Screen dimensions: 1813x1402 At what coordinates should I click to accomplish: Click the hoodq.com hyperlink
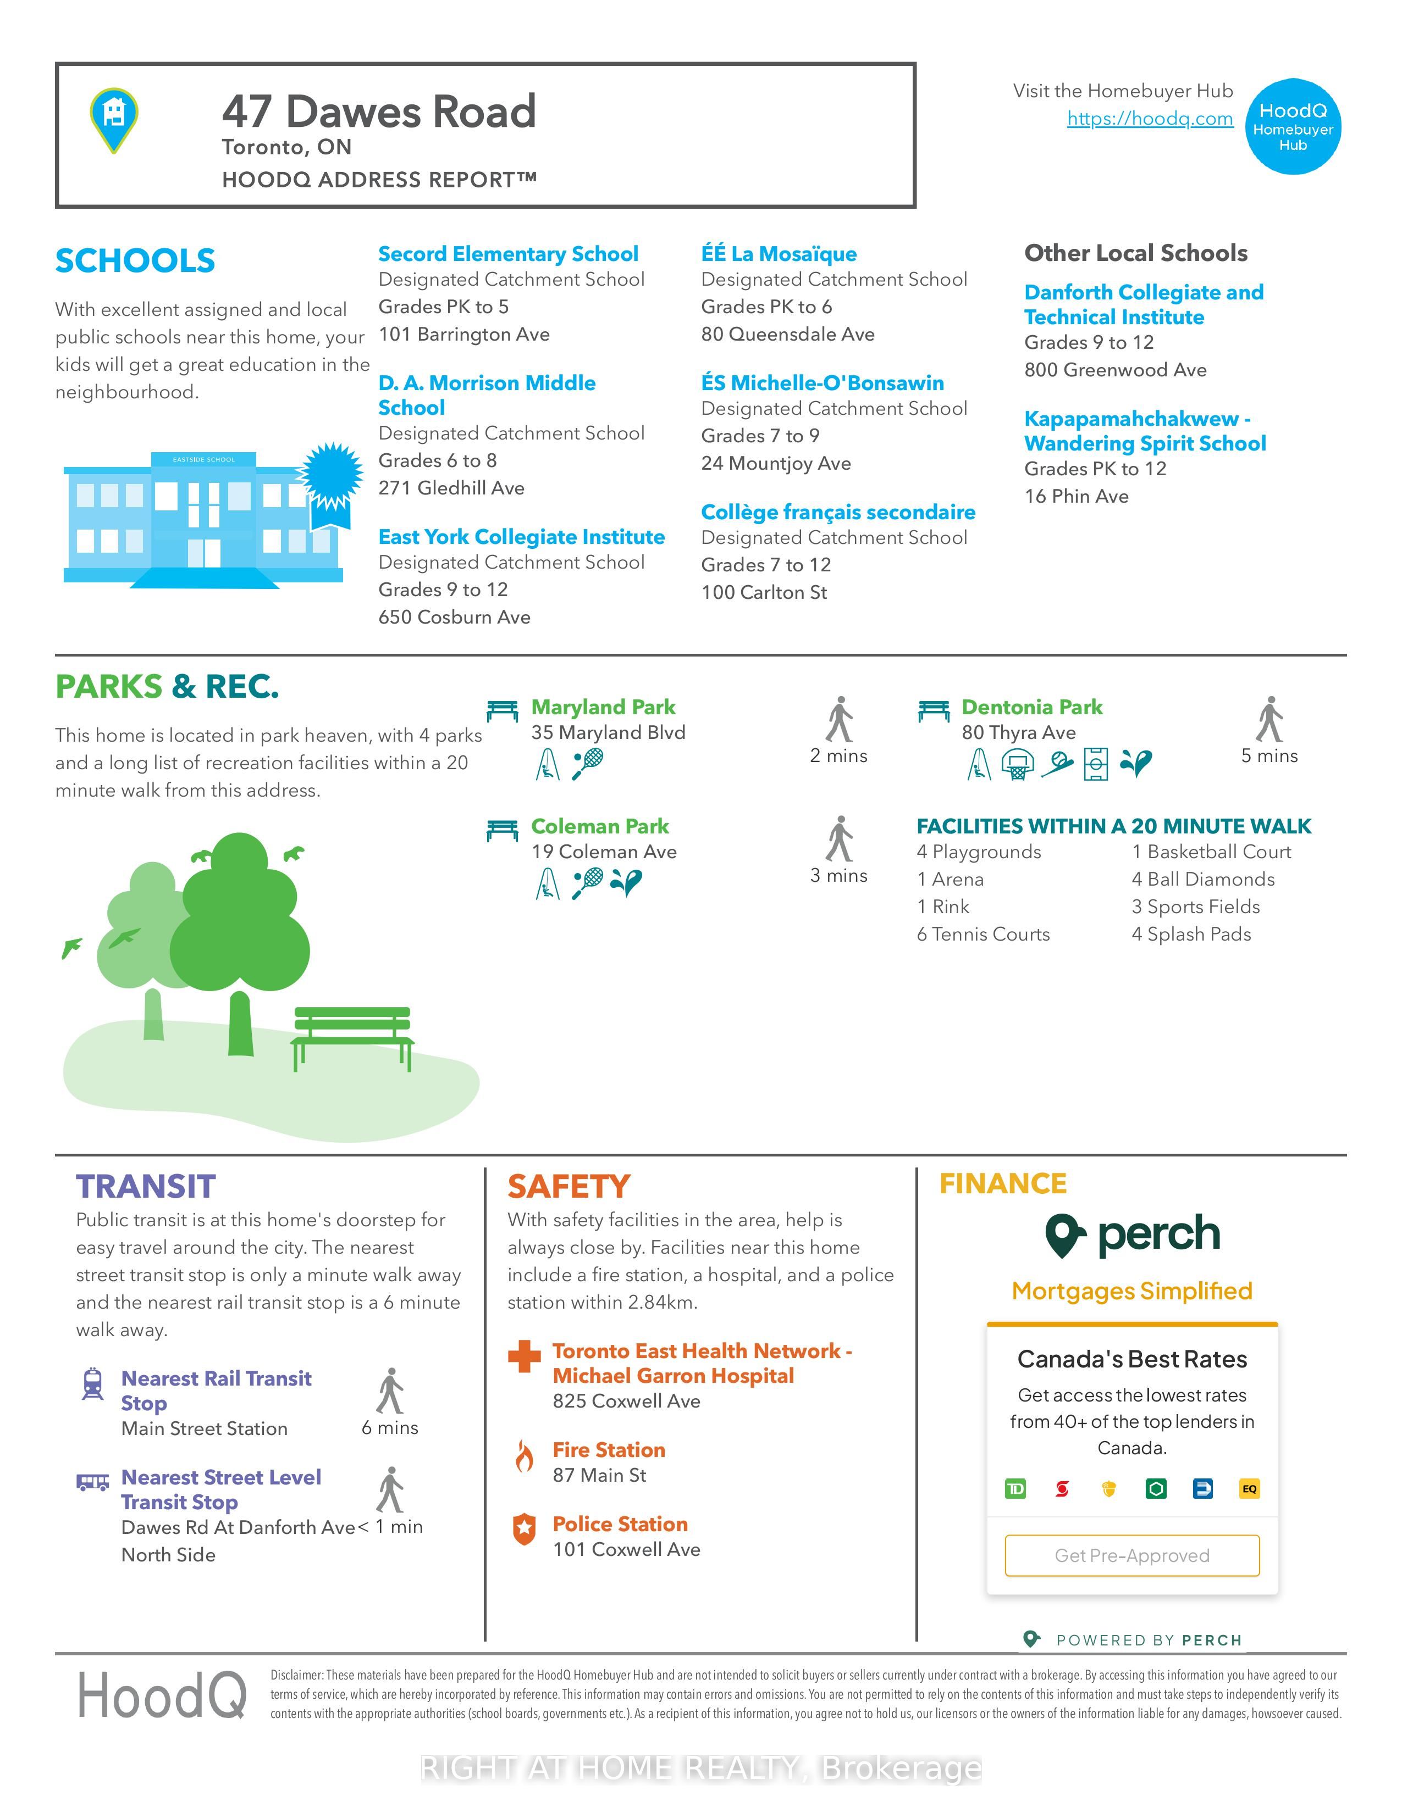click(1150, 119)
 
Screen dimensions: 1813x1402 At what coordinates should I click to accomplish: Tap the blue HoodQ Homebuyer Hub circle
click(1293, 127)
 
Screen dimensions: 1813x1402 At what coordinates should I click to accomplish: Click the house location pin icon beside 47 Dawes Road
click(114, 119)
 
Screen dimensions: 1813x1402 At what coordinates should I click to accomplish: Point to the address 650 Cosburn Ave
click(454, 617)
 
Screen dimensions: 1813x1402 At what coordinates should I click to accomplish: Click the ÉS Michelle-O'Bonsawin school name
click(823, 383)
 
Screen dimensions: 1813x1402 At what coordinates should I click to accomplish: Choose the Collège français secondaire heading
click(837, 512)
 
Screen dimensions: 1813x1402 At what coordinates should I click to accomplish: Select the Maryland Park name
click(603, 707)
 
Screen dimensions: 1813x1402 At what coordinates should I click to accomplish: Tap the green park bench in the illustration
click(353, 1036)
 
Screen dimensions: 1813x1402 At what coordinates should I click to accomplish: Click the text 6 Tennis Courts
click(982, 935)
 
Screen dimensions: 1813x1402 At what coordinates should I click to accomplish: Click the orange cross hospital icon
click(524, 1356)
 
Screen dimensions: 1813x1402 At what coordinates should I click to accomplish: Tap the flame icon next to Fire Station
click(524, 1456)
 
